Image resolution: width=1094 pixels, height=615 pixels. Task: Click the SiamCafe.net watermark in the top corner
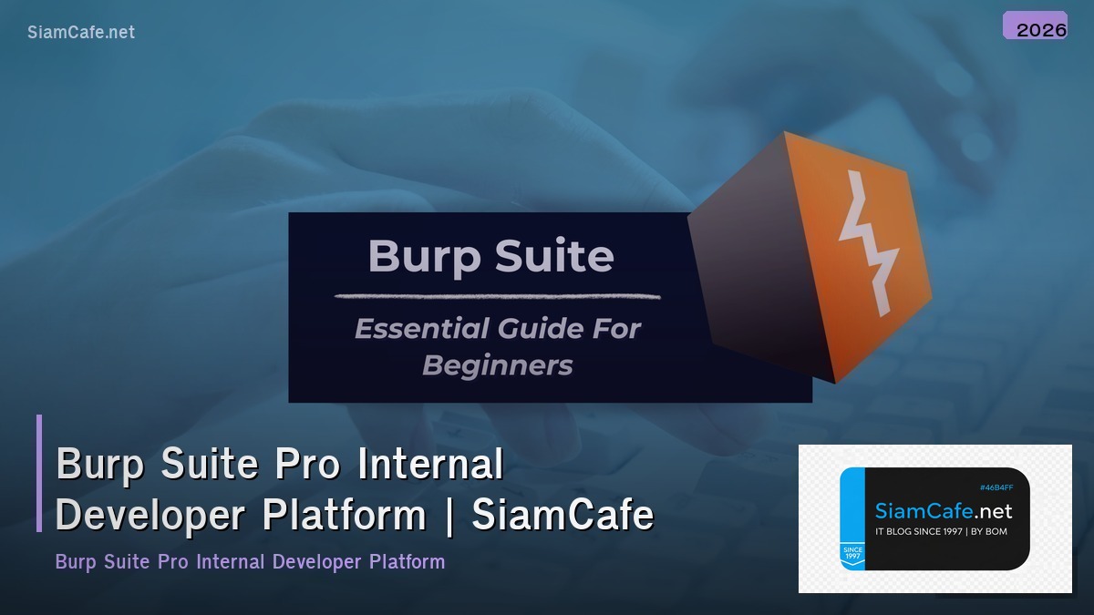pyautogui.click(x=81, y=32)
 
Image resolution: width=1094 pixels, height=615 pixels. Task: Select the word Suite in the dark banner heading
pyautogui.click(x=559, y=256)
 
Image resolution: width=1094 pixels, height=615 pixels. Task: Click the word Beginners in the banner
pyautogui.click(x=498, y=365)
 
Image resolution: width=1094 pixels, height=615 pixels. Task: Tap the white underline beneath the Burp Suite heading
pyautogui.click(x=497, y=295)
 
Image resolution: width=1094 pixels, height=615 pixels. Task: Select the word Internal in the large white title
pyautogui.click(x=430, y=464)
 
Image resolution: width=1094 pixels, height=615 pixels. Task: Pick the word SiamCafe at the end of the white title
pyautogui.click(x=562, y=515)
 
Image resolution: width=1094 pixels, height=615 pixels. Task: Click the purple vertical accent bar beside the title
pyautogui.click(x=39, y=473)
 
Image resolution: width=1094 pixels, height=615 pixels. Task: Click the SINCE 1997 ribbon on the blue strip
pyautogui.click(x=851, y=553)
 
